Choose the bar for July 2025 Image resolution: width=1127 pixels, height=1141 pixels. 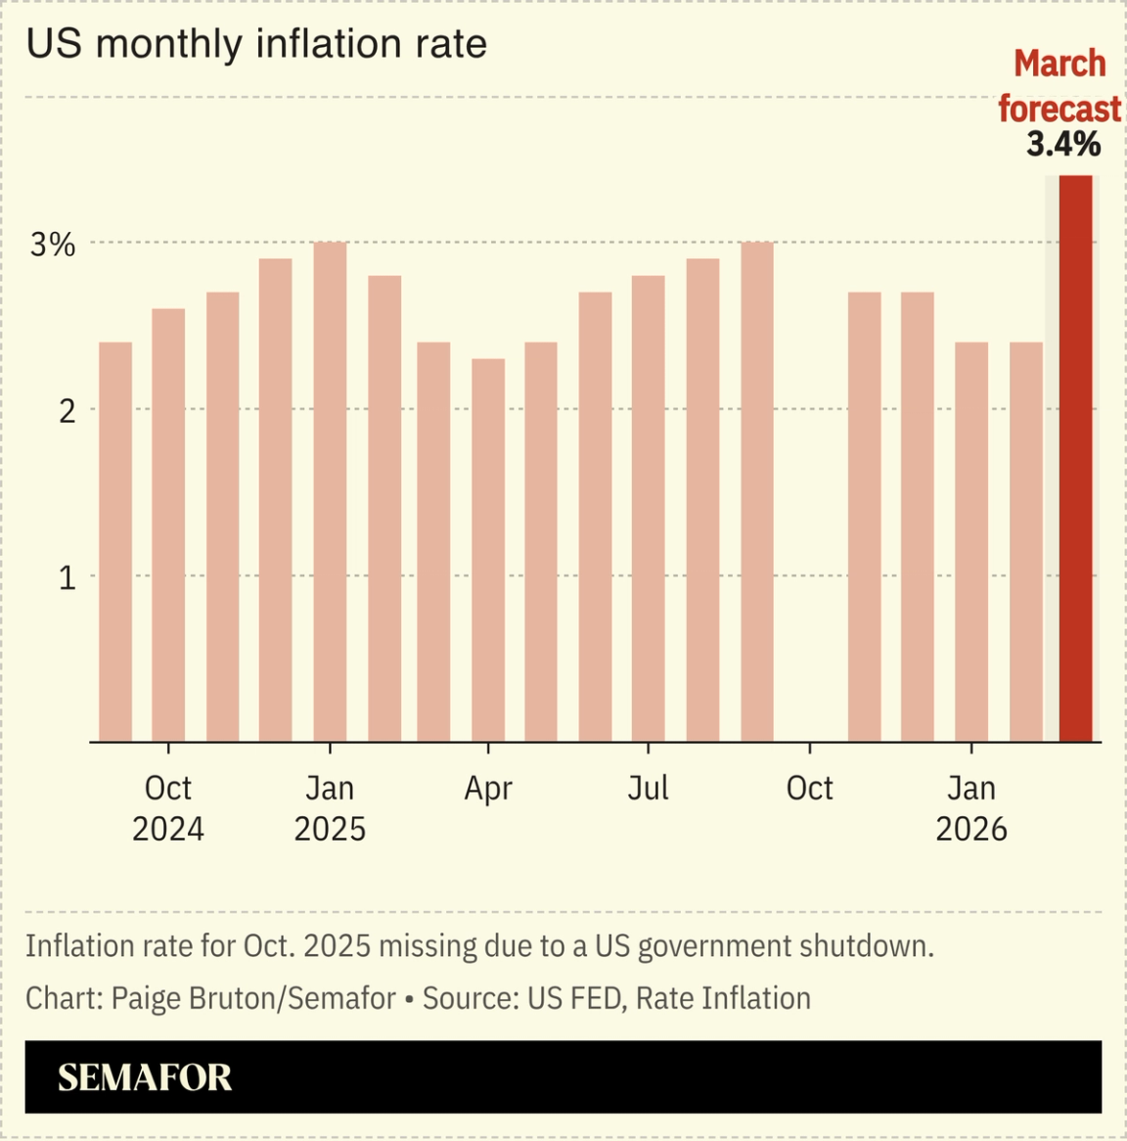(649, 508)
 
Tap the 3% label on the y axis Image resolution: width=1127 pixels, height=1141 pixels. (53, 245)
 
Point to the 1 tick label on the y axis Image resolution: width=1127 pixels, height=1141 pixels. (67, 578)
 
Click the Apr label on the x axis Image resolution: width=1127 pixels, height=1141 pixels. (488, 788)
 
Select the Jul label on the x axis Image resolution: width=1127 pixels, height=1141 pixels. (648, 788)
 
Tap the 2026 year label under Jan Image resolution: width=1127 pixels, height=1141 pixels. (970, 829)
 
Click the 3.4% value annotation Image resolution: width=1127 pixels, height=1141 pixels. (1062, 145)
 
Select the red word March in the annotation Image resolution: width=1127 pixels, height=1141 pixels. (1059, 64)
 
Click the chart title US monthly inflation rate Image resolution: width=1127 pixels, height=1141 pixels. (256, 44)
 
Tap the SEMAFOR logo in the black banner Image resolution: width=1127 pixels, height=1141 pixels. (145, 1077)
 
